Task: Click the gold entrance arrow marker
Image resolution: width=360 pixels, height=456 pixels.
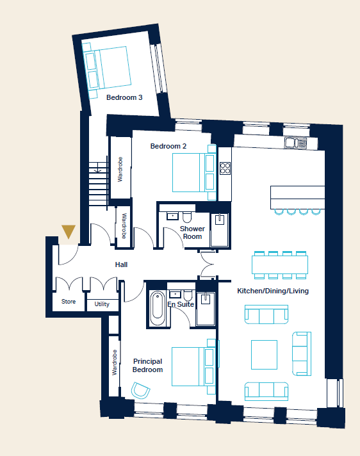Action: [x=69, y=231]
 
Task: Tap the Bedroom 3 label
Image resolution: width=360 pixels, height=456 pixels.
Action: [x=124, y=97]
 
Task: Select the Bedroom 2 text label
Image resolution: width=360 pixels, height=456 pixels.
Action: [x=168, y=146]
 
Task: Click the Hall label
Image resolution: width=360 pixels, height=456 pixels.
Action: [x=121, y=265]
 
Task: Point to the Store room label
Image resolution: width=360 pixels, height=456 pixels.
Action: [x=69, y=302]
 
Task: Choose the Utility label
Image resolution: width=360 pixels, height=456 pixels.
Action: [x=102, y=304]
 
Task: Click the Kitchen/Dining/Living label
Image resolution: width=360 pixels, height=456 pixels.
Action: [x=273, y=291]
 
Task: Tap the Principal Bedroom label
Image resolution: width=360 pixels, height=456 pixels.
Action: [x=147, y=366]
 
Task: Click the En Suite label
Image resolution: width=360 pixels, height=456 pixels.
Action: [x=181, y=304]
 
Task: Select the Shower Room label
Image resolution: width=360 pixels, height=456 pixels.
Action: [x=192, y=232]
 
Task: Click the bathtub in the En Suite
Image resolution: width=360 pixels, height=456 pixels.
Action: [x=158, y=308]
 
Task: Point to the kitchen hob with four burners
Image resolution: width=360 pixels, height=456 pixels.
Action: [x=225, y=168]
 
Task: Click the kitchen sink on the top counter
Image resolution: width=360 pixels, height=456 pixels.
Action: [x=295, y=143]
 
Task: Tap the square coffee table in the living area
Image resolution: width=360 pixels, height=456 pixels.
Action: [x=264, y=355]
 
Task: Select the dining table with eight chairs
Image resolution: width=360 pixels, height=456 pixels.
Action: [x=280, y=265]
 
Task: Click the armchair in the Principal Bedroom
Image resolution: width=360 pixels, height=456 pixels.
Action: [x=140, y=390]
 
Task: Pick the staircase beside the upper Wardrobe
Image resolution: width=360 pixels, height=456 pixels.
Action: [x=98, y=184]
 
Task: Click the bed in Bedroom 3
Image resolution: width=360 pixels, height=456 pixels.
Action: [x=106, y=70]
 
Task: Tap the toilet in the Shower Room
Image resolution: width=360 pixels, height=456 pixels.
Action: [x=187, y=217]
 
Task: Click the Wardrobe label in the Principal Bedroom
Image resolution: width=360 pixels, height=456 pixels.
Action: [x=115, y=362]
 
